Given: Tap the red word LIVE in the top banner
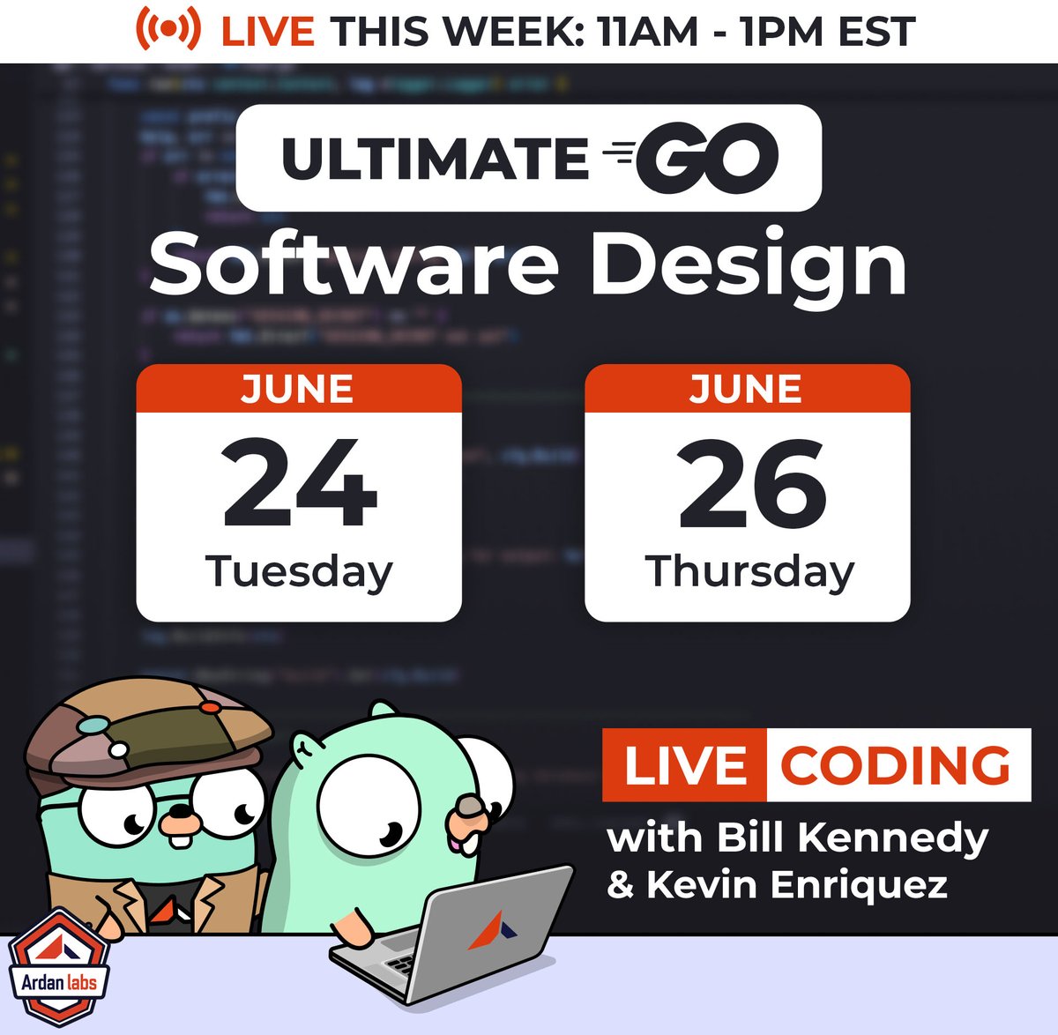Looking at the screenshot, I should pos(267,32).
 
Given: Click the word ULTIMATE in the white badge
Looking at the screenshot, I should pos(435,159).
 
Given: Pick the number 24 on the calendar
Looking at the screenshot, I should pos(299,484).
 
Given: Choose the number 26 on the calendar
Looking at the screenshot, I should pos(750,484).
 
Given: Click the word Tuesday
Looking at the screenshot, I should pos(299,572).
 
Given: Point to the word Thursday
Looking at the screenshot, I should pos(749,571).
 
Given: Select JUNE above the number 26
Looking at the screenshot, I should pos(746,389).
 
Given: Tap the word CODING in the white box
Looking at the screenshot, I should pos(896,765).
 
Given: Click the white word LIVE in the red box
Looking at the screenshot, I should pos(684,765).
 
